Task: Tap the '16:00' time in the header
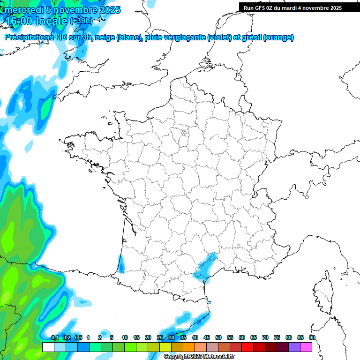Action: point(20,21)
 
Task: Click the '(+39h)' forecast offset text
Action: point(81,21)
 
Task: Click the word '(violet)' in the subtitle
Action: point(220,37)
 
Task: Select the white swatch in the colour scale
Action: point(48,347)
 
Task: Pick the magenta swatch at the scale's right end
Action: point(306,347)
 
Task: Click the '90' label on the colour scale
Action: point(312,337)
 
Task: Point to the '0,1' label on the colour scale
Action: point(54,337)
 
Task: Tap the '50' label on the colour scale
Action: point(218,337)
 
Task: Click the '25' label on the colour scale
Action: point(160,337)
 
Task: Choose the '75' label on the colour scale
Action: point(277,337)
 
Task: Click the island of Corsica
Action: point(321,293)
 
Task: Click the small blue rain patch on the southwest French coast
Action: point(121,265)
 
